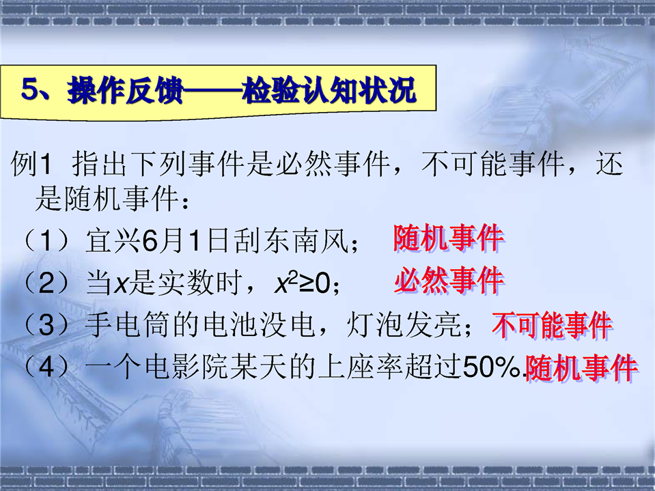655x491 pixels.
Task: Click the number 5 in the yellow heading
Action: pos(29,89)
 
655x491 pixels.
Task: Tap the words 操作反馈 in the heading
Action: pos(125,89)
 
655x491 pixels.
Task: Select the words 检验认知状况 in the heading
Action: pos(329,89)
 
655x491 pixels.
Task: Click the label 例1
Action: pos(31,164)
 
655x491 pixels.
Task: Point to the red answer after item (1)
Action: pos(448,238)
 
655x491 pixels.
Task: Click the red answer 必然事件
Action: pos(448,280)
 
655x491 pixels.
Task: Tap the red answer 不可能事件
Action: pos(552,326)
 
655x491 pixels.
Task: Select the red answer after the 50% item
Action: pos(581,368)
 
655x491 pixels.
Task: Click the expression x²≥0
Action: pos(303,283)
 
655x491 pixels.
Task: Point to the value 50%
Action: pos(491,367)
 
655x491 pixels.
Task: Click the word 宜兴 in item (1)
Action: pos(113,241)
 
